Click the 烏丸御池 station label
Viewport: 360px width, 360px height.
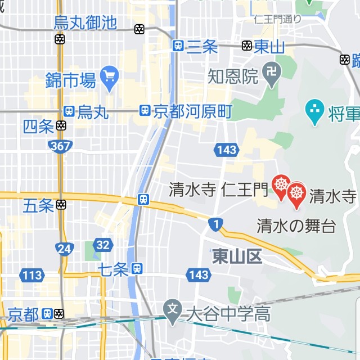pyautogui.click(x=85, y=22)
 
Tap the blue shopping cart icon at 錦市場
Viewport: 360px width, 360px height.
pyautogui.click(x=108, y=74)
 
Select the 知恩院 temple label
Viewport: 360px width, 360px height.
pyautogui.click(x=233, y=75)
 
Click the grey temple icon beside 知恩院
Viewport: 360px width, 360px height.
pyautogui.click(x=273, y=73)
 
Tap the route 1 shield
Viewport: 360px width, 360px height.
pyautogui.click(x=216, y=224)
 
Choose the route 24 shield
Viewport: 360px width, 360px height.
pyautogui.click(x=64, y=248)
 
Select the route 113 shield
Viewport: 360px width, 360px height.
pyautogui.click(x=32, y=275)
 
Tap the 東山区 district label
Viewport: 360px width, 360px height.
pyautogui.click(x=237, y=257)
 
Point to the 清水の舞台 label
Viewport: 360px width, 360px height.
pyautogui.click(x=296, y=226)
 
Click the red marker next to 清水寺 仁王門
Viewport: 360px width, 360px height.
pyautogui.click(x=281, y=185)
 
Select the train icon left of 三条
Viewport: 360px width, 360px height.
pyautogui.click(x=178, y=46)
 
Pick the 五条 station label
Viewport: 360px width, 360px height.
pyautogui.click(x=38, y=205)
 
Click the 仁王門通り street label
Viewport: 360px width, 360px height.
pyautogui.click(x=277, y=19)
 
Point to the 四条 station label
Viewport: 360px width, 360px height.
pyautogui.click(x=38, y=127)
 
